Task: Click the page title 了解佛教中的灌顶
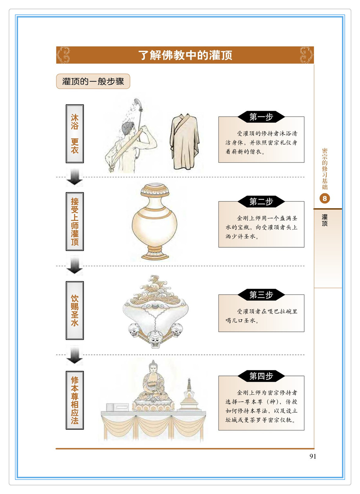pos(185,55)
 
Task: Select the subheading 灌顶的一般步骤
pos(93,81)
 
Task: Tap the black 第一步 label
pos(261,117)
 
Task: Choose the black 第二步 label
pos(261,201)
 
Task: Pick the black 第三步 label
pos(261,295)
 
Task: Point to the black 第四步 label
pos(261,376)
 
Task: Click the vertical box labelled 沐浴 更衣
pos(75,134)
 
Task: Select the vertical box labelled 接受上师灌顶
pos(75,221)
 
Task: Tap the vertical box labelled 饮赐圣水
pos(75,310)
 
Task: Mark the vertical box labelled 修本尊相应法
pos(75,400)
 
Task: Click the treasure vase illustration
pos(155,222)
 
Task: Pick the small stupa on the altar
pos(189,395)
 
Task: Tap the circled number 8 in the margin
pos(325,199)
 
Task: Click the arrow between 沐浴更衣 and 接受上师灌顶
pos(75,177)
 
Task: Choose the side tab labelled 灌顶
pos(328,248)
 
